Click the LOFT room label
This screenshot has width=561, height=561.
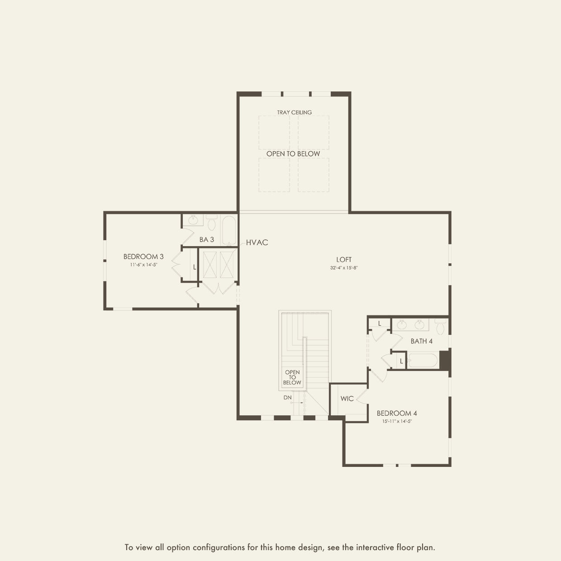(344, 259)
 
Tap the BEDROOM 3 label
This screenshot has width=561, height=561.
(143, 257)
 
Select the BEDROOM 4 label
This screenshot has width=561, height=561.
(397, 413)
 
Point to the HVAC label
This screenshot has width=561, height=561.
(257, 242)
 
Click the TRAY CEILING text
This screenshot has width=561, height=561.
(295, 112)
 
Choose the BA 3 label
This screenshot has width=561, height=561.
(207, 240)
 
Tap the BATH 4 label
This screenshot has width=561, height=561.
(422, 341)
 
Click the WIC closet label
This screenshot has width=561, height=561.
(347, 399)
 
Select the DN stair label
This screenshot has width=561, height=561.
(288, 397)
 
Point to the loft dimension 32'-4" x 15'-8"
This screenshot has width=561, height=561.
(344, 268)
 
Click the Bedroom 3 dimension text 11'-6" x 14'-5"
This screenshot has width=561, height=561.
(143, 265)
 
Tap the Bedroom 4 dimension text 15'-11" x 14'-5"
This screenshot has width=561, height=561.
(397, 421)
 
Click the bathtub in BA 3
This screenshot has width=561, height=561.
(229, 230)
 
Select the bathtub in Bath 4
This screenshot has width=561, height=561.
(423, 361)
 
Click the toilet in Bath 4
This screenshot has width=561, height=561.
(441, 326)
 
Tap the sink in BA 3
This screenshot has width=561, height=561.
(193, 220)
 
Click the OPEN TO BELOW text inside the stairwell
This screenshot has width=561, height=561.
(292, 377)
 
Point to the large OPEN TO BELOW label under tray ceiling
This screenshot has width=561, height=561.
(293, 154)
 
